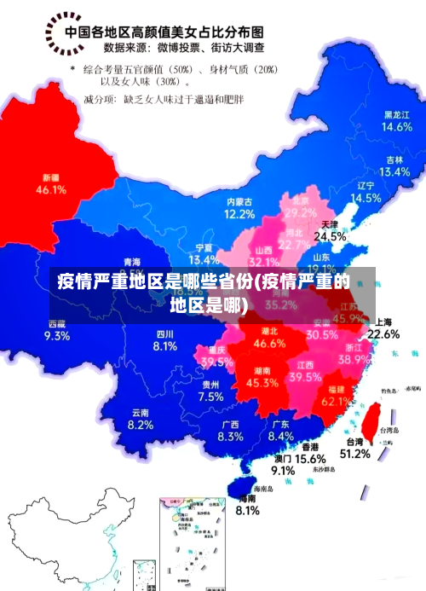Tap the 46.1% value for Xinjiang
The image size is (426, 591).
click(x=51, y=190)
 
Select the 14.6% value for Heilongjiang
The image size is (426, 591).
click(x=396, y=126)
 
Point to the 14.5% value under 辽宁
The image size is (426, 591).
click(x=366, y=198)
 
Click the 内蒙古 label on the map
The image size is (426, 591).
click(x=239, y=202)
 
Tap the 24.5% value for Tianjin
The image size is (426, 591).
click(x=330, y=236)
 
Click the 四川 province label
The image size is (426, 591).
click(x=164, y=333)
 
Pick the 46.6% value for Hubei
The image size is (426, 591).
click(x=270, y=344)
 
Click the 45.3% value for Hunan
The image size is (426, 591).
click(x=262, y=383)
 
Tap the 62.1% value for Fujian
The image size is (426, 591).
click(x=337, y=401)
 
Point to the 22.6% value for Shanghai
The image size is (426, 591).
click(x=383, y=334)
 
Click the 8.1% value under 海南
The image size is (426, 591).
click(x=247, y=510)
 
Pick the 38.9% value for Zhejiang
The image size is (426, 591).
click(x=354, y=360)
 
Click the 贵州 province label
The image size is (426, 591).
click(x=210, y=385)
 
